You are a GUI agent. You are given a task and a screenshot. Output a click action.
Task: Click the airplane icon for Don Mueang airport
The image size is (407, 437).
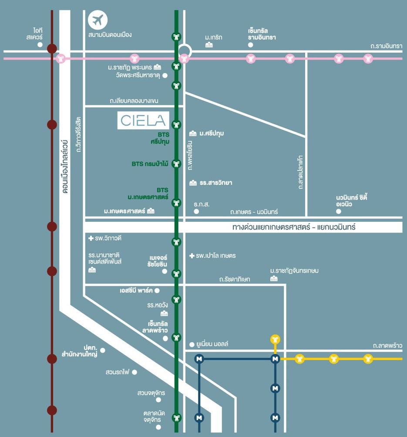point(98,20)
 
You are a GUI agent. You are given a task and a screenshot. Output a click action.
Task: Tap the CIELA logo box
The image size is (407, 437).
point(143,120)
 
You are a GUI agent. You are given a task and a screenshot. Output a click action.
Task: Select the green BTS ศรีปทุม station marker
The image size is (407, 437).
point(176,125)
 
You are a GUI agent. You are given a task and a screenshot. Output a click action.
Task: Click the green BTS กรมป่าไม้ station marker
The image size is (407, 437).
point(176,163)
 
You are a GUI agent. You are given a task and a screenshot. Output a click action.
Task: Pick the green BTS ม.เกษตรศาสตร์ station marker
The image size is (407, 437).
point(176,203)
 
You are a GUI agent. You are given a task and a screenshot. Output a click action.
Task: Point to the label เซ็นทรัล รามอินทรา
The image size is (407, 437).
point(262,34)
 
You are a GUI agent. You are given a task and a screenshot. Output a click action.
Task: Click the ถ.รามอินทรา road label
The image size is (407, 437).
point(387,46)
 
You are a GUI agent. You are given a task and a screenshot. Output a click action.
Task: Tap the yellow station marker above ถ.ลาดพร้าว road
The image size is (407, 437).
point(276,339)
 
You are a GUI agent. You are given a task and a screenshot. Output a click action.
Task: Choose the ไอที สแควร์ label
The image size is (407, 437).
point(34,34)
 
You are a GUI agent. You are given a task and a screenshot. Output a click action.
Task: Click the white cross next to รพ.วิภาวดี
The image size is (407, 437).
point(91,238)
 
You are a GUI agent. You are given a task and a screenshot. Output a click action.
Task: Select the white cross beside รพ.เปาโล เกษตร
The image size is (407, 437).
point(192,256)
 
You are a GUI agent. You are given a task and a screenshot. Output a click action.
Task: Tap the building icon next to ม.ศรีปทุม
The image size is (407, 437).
point(193,133)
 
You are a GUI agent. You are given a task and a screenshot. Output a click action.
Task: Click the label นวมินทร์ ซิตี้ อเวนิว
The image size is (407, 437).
point(351,200)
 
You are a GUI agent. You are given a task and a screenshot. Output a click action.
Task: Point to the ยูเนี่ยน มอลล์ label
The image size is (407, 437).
point(212,344)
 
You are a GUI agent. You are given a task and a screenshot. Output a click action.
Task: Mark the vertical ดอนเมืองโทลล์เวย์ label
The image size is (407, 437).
point(65,167)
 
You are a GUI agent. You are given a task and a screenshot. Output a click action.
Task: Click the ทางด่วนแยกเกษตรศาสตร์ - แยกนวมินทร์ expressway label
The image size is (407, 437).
point(294,227)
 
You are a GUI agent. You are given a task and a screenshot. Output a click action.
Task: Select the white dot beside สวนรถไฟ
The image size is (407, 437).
point(135,372)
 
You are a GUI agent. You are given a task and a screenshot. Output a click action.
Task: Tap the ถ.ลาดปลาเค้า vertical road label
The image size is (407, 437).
point(300,172)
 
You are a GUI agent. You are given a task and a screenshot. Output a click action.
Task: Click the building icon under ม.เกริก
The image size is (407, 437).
point(209,45)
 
